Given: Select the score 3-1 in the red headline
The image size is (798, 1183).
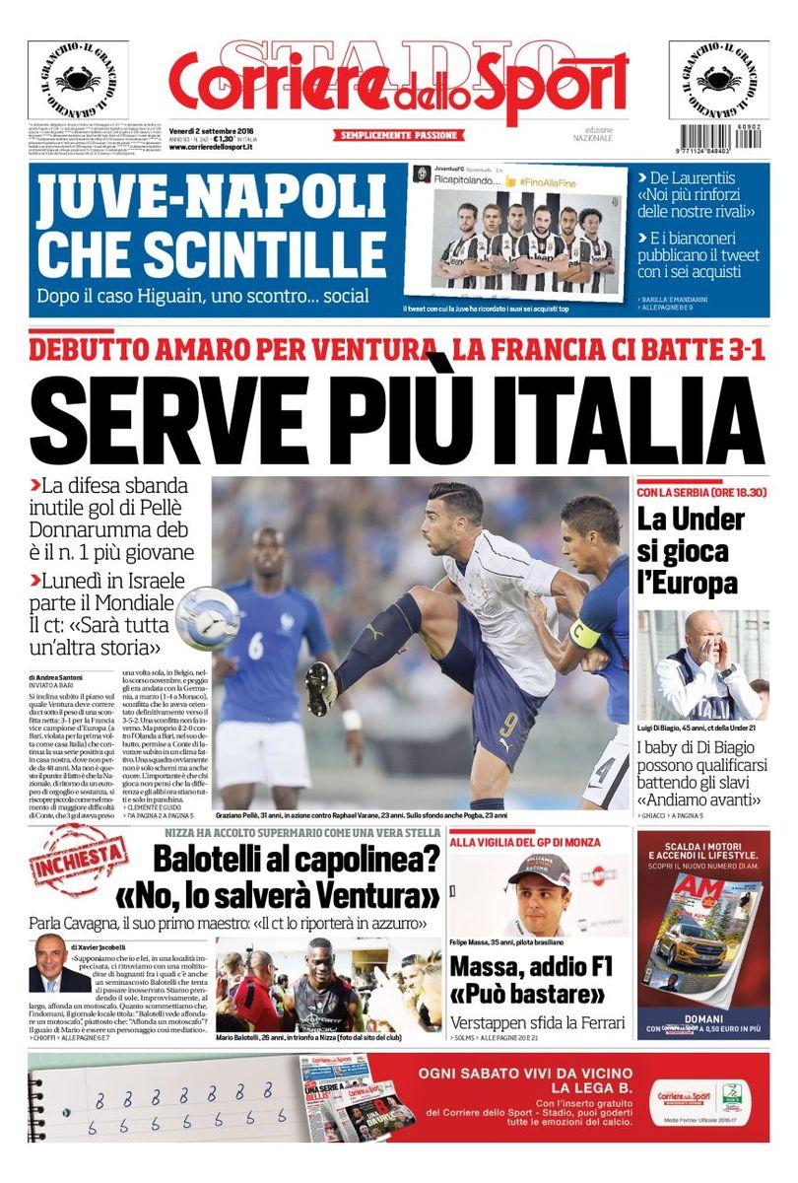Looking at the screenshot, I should click(723, 350).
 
